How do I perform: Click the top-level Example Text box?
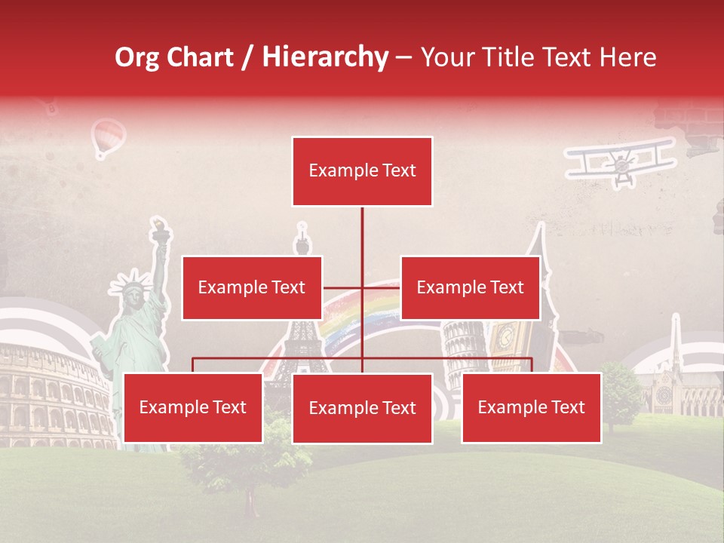(x=362, y=171)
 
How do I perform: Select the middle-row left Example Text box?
(x=252, y=287)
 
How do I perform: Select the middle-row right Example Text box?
(x=470, y=287)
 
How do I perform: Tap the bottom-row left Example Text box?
(x=193, y=408)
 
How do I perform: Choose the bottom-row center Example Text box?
(x=362, y=409)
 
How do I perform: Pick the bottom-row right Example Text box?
(x=531, y=408)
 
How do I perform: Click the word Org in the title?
(x=138, y=57)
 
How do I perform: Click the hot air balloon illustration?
(x=108, y=138)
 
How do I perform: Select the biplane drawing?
(x=621, y=161)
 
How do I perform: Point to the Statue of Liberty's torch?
(x=159, y=229)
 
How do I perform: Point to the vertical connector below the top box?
(x=362, y=241)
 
